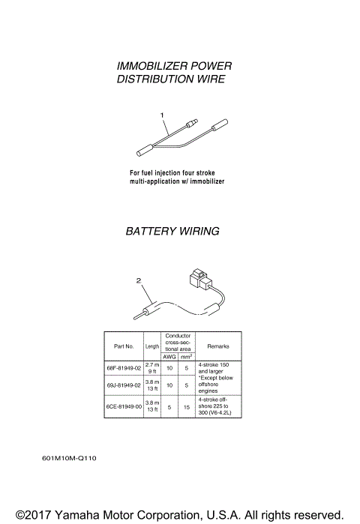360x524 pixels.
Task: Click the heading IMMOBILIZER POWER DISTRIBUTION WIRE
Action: pyautogui.click(x=171, y=73)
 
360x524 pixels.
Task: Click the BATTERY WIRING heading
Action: pyautogui.click(x=172, y=232)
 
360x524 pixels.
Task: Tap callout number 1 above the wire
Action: pyautogui.click(x=163, y=114)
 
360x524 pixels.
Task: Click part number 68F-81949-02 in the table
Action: pyautogui.click(x=124, y=368)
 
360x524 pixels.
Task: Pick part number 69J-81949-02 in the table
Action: pyautogui.click(x=124, y=385)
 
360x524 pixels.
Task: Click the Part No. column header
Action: pyautogui.click(x=124, y=346)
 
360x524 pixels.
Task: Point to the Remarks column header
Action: pyautogui.click(x=217, y=346)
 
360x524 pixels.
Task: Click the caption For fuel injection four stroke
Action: pyautogui.click(x=172, y=173)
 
